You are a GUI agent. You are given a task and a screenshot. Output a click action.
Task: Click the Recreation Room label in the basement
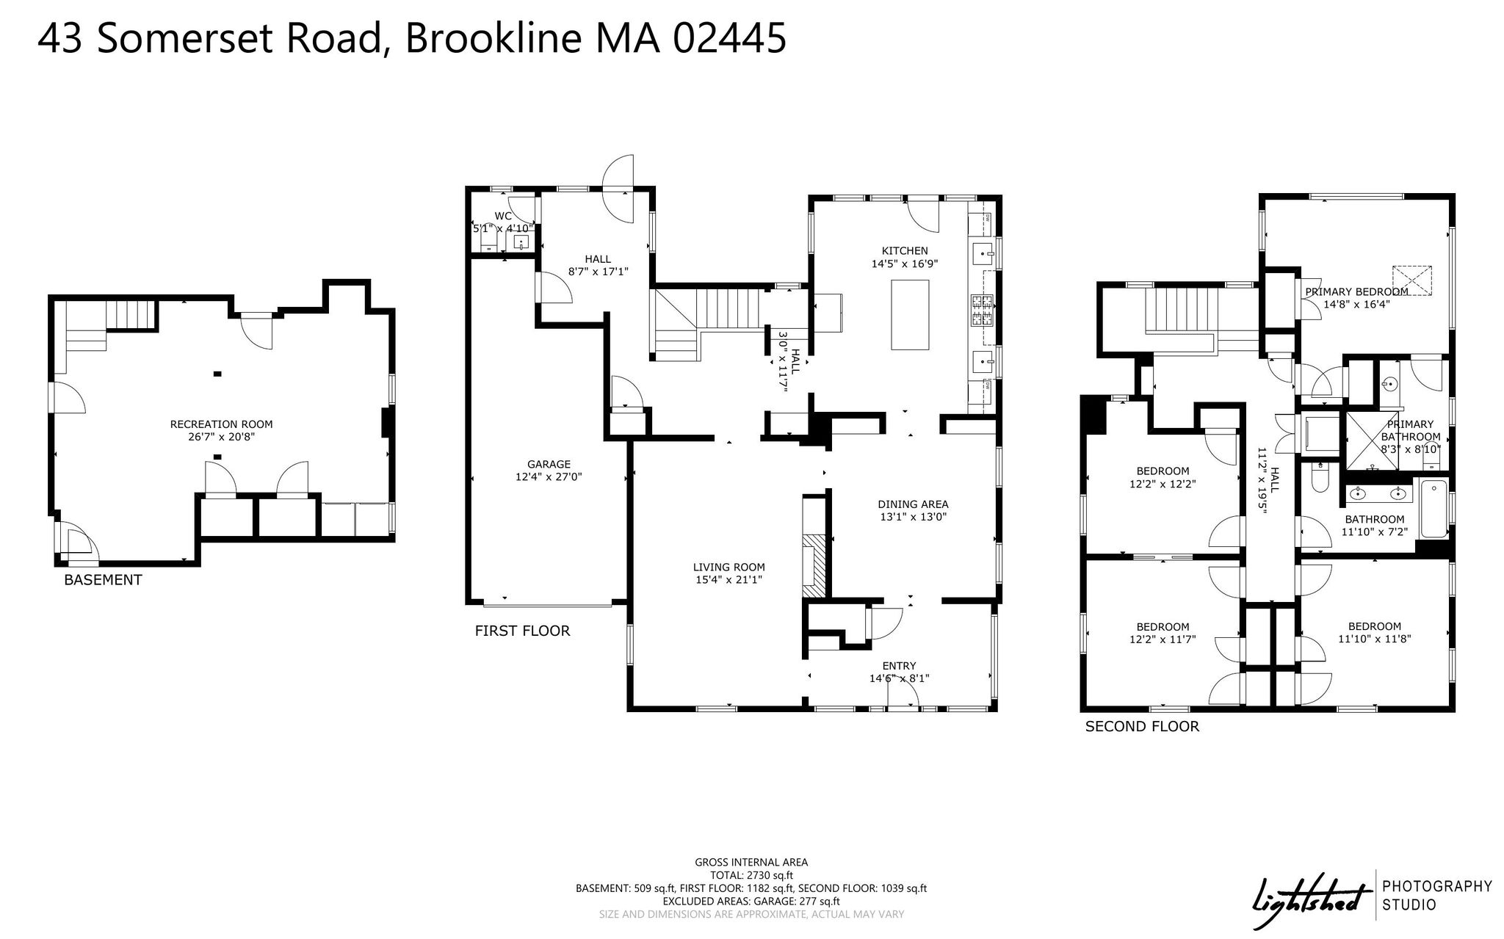221,424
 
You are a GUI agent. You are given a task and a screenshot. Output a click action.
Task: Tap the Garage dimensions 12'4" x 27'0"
549,477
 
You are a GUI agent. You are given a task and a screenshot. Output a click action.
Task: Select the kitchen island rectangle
910,314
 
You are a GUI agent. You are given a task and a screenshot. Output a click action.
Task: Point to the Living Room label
729,568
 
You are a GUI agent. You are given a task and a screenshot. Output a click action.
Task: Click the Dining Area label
914,504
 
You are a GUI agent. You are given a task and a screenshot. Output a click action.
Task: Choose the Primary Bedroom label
1356,291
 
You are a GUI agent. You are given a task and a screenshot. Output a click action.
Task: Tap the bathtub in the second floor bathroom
1433,509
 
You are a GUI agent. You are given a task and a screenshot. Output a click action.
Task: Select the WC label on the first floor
503,216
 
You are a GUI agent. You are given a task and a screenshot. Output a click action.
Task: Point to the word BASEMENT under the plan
103,580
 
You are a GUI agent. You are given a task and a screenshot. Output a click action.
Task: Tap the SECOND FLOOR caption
1142,727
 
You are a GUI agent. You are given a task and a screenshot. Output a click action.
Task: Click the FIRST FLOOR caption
522,631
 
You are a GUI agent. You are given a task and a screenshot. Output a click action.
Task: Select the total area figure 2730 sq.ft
770,875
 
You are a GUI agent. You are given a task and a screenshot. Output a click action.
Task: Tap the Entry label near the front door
900,667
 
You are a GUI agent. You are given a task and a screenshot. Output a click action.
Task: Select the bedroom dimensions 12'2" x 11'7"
1163,639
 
